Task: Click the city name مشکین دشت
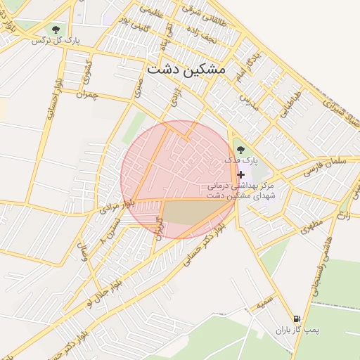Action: click(x=186, y=70)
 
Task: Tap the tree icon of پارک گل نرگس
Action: click(x=56, y=30)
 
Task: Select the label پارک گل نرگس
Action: click(x=56, y=40)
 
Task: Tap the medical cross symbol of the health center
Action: click(x=241, y=174)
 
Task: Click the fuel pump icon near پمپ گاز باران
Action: click(x=297, y=319)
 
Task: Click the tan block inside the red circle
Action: click(x=186, y=212)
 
